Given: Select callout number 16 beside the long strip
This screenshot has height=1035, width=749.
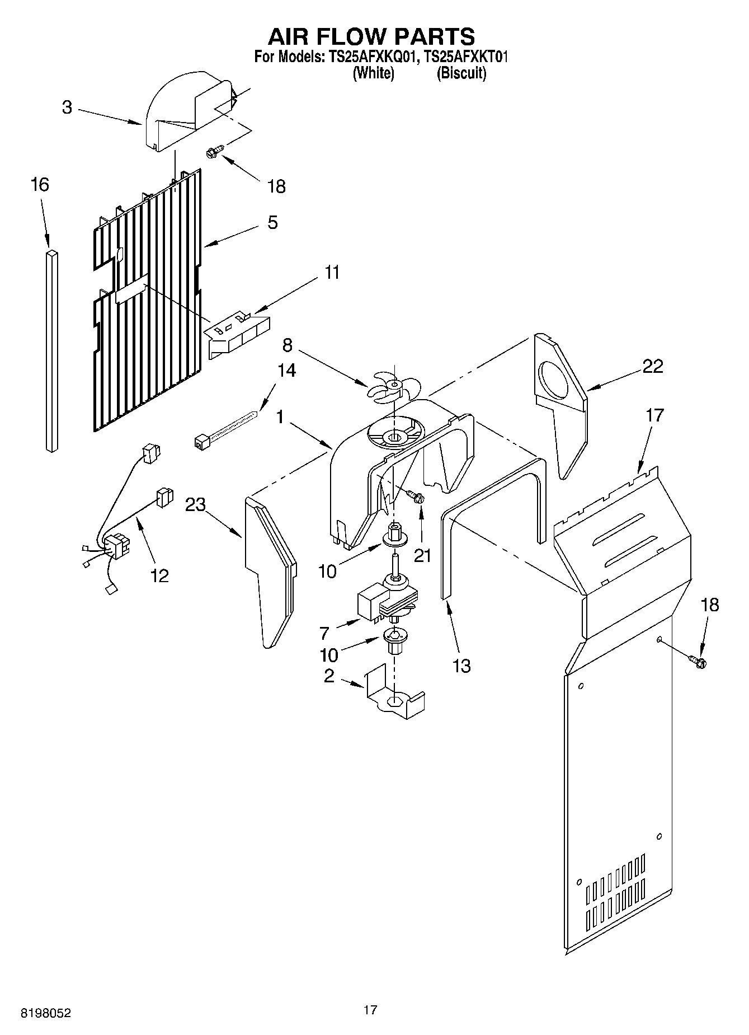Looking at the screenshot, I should [40, 185].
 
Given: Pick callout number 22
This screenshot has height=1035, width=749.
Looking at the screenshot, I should [652, 366].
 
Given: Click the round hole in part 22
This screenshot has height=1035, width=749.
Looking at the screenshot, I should [554, 381].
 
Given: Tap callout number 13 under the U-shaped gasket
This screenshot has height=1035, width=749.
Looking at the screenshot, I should [461, 666].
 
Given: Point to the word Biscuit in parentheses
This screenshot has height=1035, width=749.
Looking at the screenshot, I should [461, 73].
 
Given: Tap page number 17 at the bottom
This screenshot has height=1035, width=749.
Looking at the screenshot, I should [370, 1010].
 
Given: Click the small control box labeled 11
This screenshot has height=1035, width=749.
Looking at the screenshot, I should [238, 335].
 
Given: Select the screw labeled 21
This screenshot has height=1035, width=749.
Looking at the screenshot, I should [415, 496].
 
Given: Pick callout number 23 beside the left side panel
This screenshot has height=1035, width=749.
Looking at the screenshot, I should [196, 504].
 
